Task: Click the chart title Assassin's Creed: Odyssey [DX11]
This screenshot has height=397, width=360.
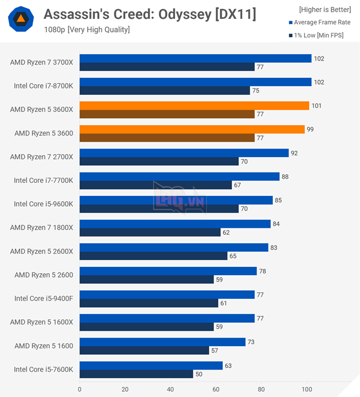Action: tap(150, 14)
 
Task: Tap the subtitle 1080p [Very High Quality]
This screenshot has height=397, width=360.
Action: tap(87, 30)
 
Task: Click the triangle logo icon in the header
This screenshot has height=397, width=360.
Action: tap(21, 20)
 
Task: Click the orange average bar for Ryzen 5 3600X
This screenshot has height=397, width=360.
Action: tap(194, 106)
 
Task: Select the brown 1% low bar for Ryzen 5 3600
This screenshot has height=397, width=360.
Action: tap(167, 138)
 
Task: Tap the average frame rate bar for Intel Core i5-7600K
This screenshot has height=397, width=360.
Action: tap(151, 366)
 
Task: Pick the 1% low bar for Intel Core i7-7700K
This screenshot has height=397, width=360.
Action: tap(155, 185)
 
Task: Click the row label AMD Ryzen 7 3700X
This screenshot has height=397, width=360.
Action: tap(42, 62)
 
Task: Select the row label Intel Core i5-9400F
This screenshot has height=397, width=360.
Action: tap(43, 299)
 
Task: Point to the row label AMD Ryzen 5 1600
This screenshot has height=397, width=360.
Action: tap(44, 346)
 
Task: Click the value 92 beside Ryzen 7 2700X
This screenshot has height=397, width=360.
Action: tap(294, 153)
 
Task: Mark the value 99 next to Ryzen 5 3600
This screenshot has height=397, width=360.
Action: tap(310, 130)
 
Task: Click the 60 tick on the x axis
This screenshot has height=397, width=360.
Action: tap(216, 390)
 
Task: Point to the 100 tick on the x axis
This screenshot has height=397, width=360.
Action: tap(307, 390)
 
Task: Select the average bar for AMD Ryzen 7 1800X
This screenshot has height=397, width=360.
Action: tap(175, 224)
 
